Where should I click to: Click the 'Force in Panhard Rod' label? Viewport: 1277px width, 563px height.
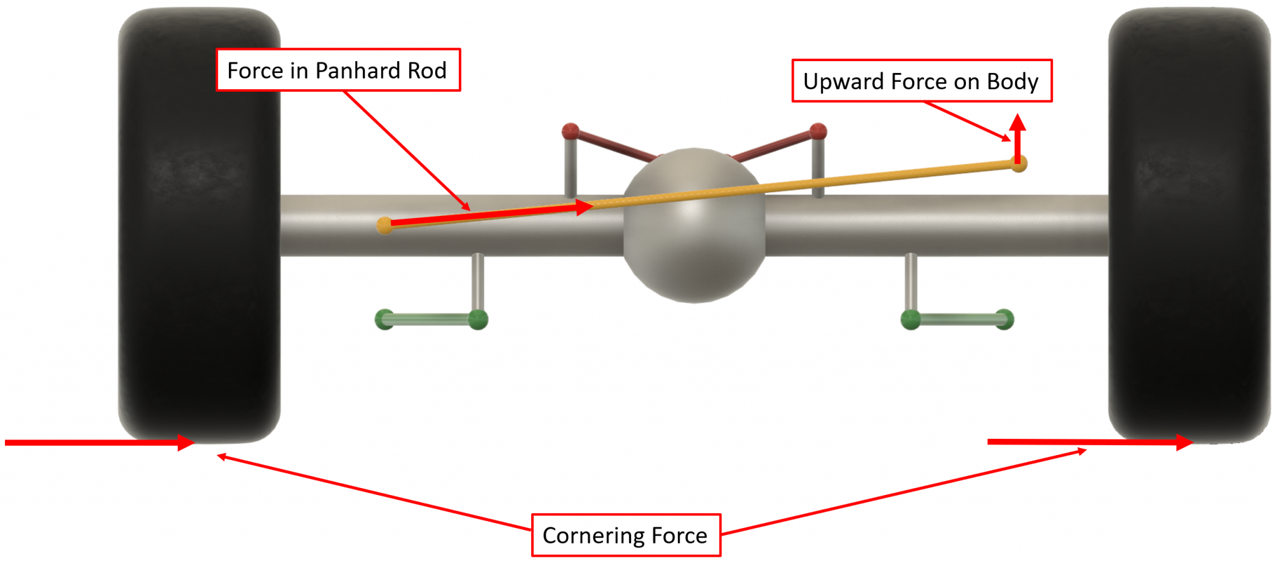(338, 70)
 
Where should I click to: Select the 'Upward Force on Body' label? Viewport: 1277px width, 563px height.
(922, 81)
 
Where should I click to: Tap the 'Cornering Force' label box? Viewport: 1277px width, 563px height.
(625, 535)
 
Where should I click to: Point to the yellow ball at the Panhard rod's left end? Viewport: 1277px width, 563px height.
(385, 225)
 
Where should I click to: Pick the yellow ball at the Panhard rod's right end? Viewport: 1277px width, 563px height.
(1019, 164)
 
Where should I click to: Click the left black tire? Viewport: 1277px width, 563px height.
(199, 225)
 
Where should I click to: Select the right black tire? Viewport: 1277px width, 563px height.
(1188, 225)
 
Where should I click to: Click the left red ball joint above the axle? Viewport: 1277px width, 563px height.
(571, 132)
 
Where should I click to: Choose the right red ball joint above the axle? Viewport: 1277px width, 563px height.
(818, 131)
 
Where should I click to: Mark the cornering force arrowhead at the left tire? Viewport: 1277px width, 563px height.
(186, 443)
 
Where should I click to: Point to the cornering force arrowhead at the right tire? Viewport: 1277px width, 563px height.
(1184, 442)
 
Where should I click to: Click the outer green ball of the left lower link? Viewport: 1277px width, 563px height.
(384, 320)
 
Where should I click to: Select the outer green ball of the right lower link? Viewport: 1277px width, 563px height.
(1005, 320)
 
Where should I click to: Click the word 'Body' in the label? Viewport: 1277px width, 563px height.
(1013, 82)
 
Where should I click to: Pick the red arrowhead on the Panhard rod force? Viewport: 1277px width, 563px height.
(584, 207)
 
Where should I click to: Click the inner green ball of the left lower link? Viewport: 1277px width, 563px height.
(478, 320)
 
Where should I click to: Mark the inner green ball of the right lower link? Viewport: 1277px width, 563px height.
(910, 320)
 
